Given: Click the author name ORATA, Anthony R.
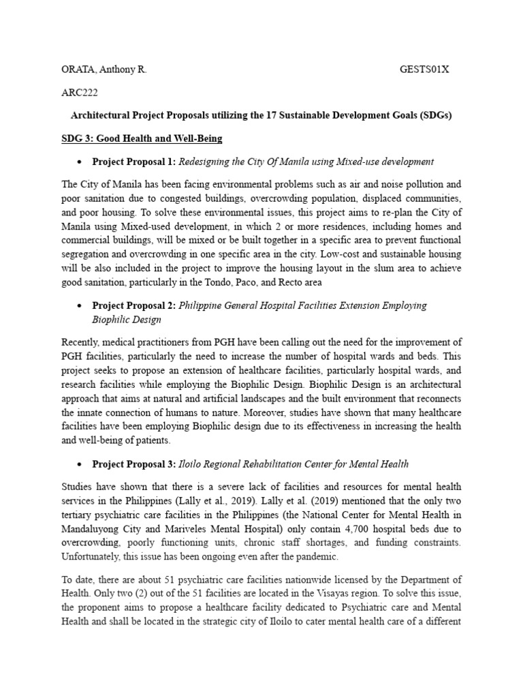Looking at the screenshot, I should (x=104, y=70).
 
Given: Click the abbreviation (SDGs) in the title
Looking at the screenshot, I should (x=434, y=115).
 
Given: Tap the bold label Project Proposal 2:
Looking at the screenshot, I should (x=134, y=305).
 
